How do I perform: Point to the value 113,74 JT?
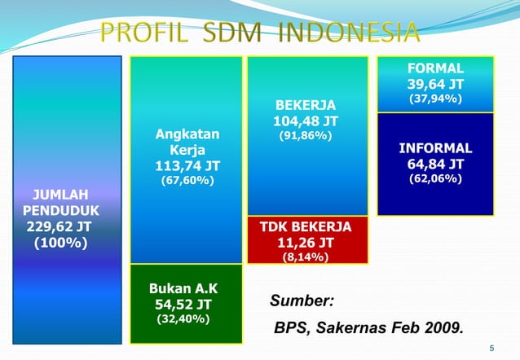click(187, 166)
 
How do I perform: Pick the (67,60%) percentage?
click(187, 181)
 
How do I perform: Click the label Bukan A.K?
click(183, 288)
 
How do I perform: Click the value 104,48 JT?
click(306, 122)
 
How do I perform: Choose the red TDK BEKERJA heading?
click(305, 226)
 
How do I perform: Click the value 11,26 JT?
click(306, 242)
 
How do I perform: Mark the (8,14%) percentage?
click(305, 257)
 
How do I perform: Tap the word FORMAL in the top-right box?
click(435, 68)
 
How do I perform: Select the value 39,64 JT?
click(435, 85)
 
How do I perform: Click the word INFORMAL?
click(435, 148)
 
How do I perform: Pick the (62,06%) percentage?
click(435, 178)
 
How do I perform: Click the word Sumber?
click(302, 301)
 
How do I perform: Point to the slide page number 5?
click(491, 349)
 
